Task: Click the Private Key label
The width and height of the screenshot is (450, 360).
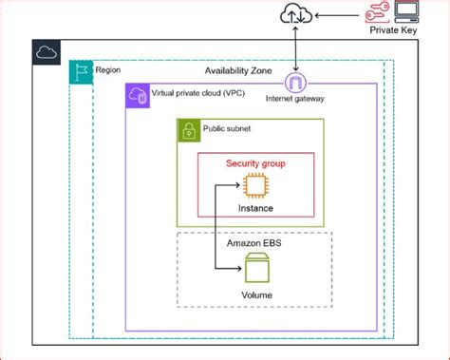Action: coord(394,31)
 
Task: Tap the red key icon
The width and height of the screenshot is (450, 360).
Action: coord(376,12)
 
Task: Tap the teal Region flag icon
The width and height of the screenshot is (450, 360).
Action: coord(80,72)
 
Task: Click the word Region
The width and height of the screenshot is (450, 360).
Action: coord(108,70)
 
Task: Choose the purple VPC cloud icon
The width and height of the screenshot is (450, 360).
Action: coord(137,94)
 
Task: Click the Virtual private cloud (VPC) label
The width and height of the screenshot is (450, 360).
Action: coord(194,93)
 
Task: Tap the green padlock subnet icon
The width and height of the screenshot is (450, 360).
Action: coord(187,130)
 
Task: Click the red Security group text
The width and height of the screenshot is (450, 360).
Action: coord(254,162)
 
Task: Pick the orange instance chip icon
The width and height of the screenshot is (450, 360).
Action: coord(254,185)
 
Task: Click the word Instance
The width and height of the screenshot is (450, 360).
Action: coord(254,207)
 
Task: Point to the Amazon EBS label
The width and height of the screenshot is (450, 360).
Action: coord(254,243)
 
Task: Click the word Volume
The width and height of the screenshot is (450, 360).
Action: coord(254,294)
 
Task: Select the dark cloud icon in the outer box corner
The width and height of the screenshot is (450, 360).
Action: coord(46,53)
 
